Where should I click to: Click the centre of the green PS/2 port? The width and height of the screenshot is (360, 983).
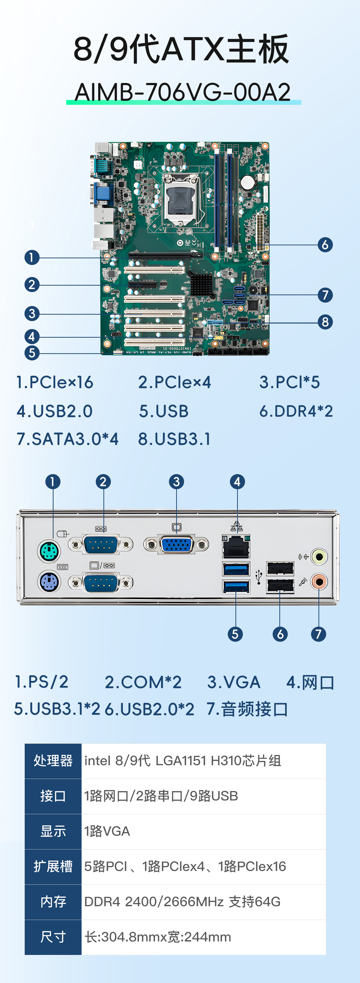pos(49,551)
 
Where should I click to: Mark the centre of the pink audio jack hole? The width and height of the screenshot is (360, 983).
pos(319,582)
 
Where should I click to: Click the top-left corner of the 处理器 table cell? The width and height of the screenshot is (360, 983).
pos(25,743)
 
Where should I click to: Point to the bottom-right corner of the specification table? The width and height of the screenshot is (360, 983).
pos(326,955)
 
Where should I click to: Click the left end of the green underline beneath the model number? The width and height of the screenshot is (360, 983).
pos(66,102)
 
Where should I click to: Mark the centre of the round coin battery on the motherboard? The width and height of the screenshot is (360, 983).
pos(247,182)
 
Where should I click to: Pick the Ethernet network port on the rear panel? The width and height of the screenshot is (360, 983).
pos(236,546)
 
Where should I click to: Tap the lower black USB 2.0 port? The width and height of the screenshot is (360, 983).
pos(280,586)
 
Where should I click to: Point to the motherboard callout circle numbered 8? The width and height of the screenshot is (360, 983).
pos(325,322)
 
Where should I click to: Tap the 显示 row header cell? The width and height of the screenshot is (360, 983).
pos(53,831)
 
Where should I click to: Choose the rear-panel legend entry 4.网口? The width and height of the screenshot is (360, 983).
pos(310,682)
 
